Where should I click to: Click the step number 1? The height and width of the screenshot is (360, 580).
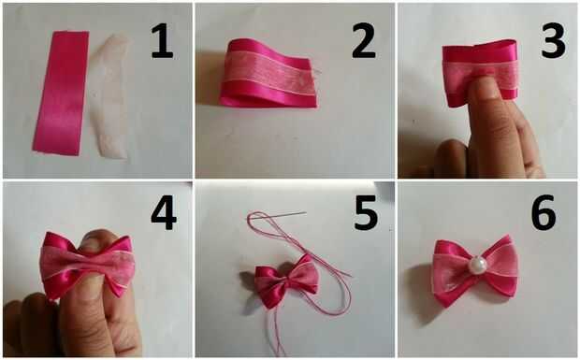162,41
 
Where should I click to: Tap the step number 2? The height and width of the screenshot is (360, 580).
364,41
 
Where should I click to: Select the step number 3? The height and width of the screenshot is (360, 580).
553,40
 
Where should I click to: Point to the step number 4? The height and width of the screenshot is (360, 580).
164,213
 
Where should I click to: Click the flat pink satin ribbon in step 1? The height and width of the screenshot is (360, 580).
61,94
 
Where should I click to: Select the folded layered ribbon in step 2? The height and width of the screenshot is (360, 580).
268,73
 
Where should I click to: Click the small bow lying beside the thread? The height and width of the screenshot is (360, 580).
286,281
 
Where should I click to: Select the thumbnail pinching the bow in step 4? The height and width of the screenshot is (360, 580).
94,240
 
